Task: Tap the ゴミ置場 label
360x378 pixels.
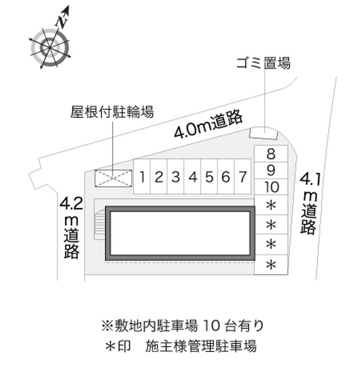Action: click(x=264, y=63)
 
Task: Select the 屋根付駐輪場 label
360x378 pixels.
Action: click(x=112, y=111)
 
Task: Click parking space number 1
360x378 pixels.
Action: click(x=142, y=177)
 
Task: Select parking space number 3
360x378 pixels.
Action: click(x=175, y=177)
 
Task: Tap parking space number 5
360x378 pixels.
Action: click(x=209, y=177)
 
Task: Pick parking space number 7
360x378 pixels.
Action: click(x=243, y=177)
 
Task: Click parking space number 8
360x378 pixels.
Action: click(x=271, y=155)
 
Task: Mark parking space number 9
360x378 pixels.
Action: click(x=271, y=170)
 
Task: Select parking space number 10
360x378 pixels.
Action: click(x=271, y=187)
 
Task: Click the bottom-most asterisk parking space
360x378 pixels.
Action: click(x=271, y=265)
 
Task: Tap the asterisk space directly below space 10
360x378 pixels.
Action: click(x=271, y=206)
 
